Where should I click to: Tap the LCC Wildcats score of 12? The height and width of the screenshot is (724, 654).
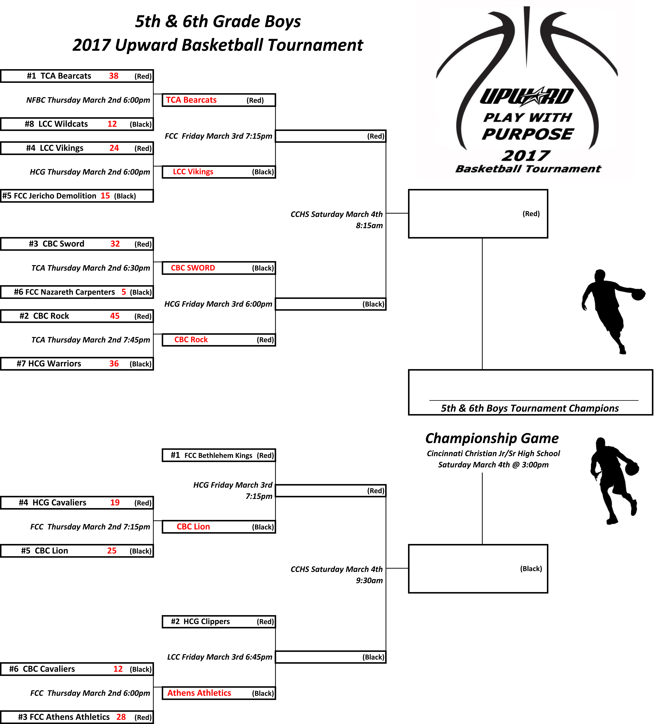pyautogui.click(x=112, y=124)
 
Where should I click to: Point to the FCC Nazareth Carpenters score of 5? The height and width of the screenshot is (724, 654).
pyautogui.click(x=124, y=292)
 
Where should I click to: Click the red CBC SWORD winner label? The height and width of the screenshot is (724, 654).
pyautogui.click(x=193, y=268)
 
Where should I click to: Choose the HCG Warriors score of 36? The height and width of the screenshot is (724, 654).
pyautogui.click(x=114, y=363)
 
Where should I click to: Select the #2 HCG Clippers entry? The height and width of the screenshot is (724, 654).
pyautogui.click(x=200, y=621)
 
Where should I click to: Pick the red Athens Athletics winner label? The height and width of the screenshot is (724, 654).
pyautogui.click(x=199, y=693)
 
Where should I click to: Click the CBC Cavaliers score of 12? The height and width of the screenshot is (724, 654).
pyautogui.click(x=118, y=669)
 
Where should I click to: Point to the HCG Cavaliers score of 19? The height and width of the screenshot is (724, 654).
pyautogui.click(x=115, y=502)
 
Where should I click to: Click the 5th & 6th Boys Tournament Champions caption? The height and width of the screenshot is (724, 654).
pyautogui.click(x=530, y=408)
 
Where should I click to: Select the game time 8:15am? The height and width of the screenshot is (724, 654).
pyautogui.click(x=369, y=226)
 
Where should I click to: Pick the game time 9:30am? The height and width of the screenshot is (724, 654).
pyautogui.click(x=369, y=580)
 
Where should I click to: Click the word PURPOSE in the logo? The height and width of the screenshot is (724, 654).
pyautogui.click(x=528, y=134)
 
